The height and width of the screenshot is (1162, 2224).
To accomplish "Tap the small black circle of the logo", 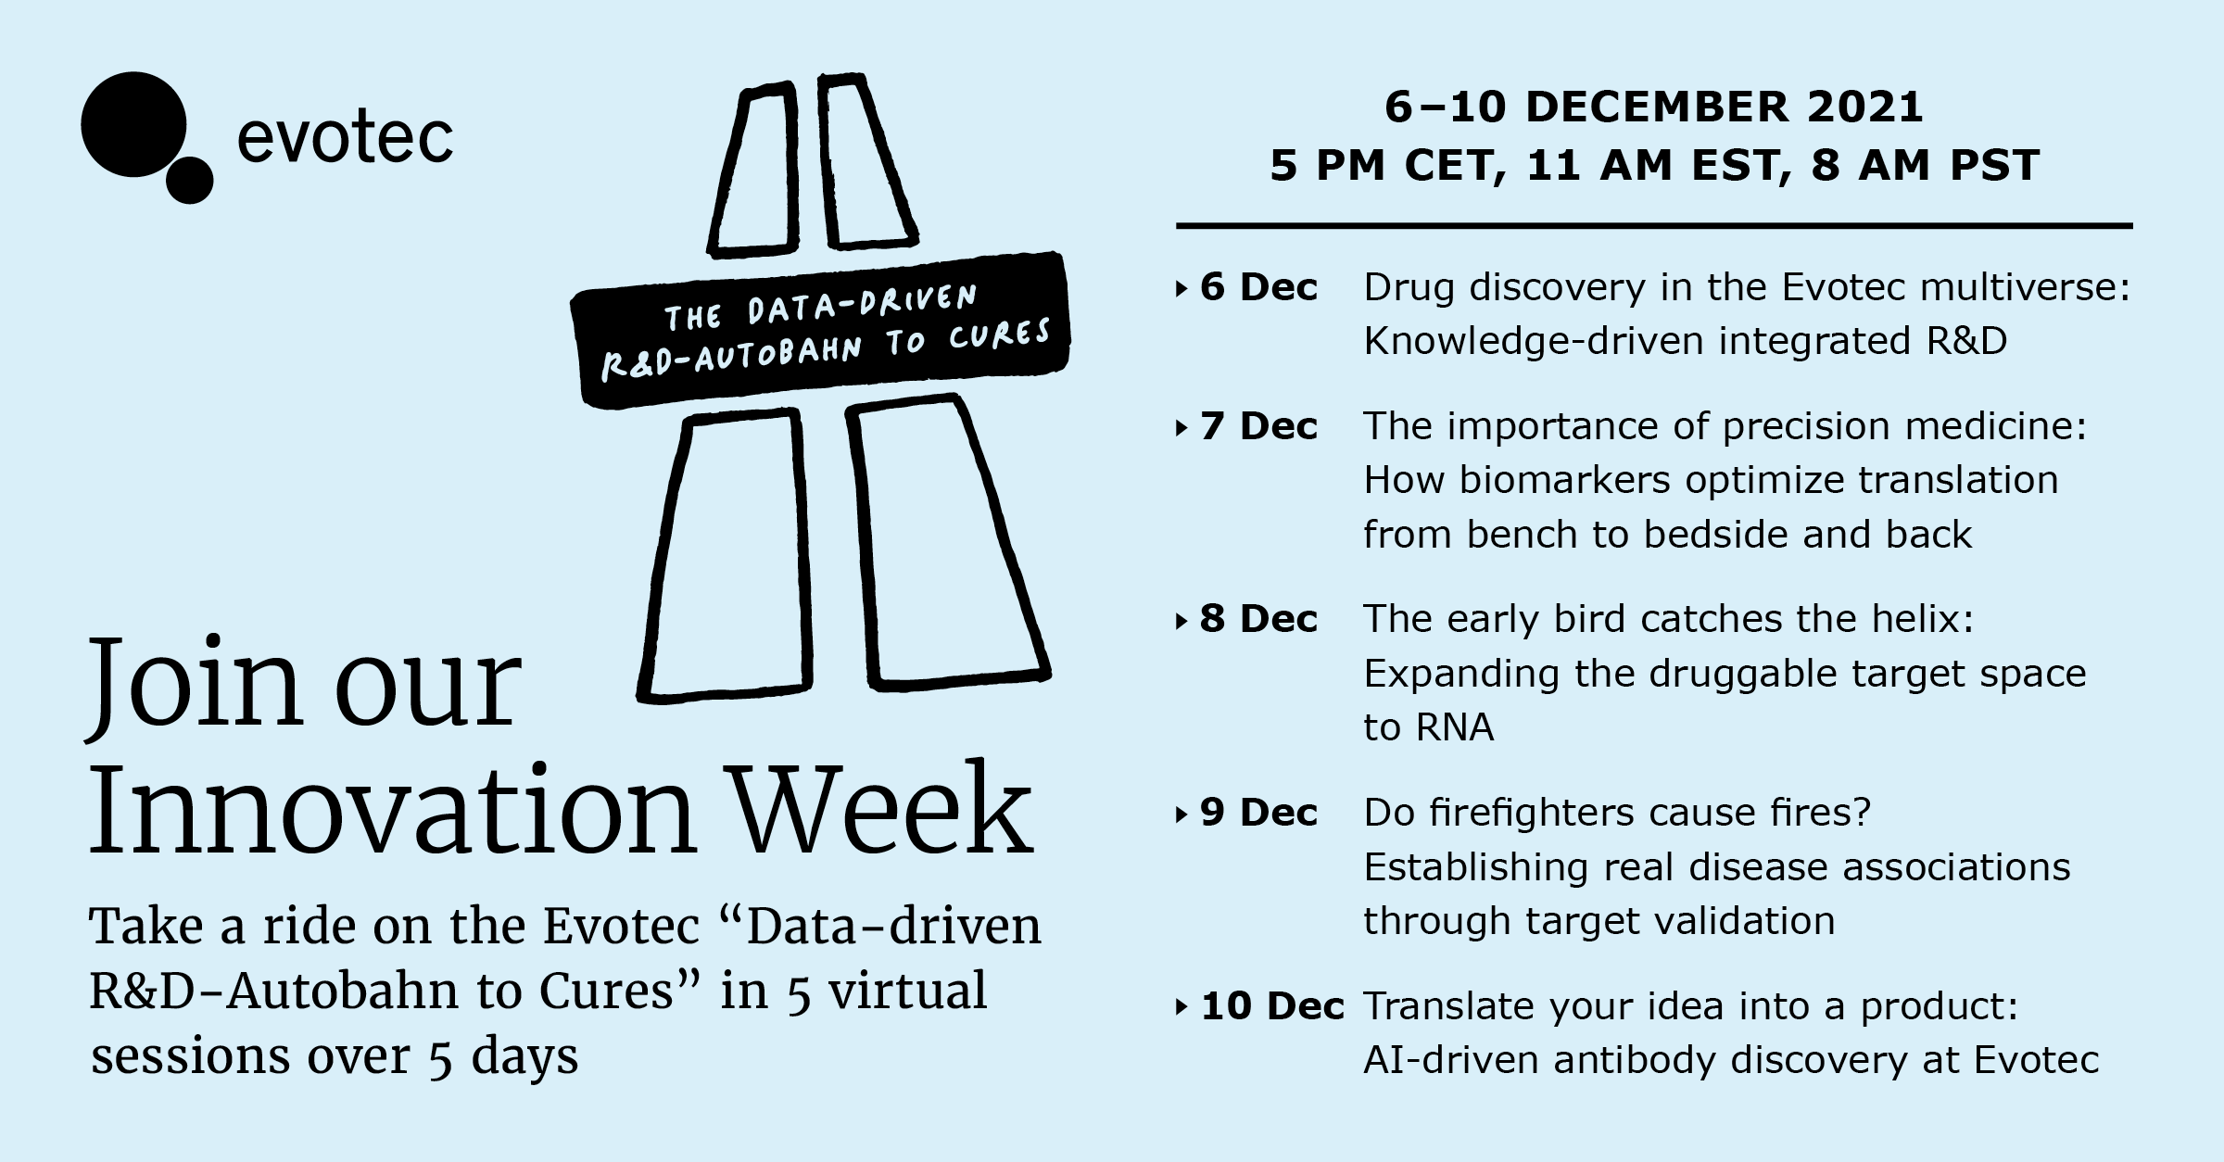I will (189, 180).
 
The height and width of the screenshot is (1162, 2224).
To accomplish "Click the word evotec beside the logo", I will (345, 140).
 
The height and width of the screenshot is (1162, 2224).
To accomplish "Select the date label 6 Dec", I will (1258, 287).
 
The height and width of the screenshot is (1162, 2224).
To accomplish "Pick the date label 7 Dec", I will (1258, 426).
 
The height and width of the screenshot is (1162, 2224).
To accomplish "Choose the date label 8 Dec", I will (1258, 619).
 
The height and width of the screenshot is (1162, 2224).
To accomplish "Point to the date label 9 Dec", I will (1258, 813).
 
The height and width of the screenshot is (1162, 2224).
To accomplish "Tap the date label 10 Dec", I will (1271, 1006).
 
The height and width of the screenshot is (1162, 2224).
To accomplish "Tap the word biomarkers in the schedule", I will (1564, 480).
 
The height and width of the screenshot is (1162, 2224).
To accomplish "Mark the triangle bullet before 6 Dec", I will (1181, 289).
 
